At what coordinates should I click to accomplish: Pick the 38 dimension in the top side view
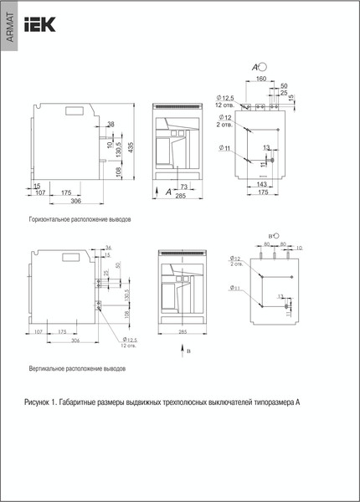(x=111, y=125)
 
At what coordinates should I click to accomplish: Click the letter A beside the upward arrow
(x=169, y=192)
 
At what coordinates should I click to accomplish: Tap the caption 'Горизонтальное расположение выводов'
(x=80, y=219)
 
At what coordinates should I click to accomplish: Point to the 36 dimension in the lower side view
(x=108, y=248)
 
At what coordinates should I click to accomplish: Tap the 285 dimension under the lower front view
(x=182, y=331)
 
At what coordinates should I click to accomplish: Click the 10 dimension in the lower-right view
(x=300, y=248)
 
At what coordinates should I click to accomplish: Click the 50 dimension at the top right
(x=284, y=86)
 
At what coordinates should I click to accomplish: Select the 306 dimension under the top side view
(x=76, y=202)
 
